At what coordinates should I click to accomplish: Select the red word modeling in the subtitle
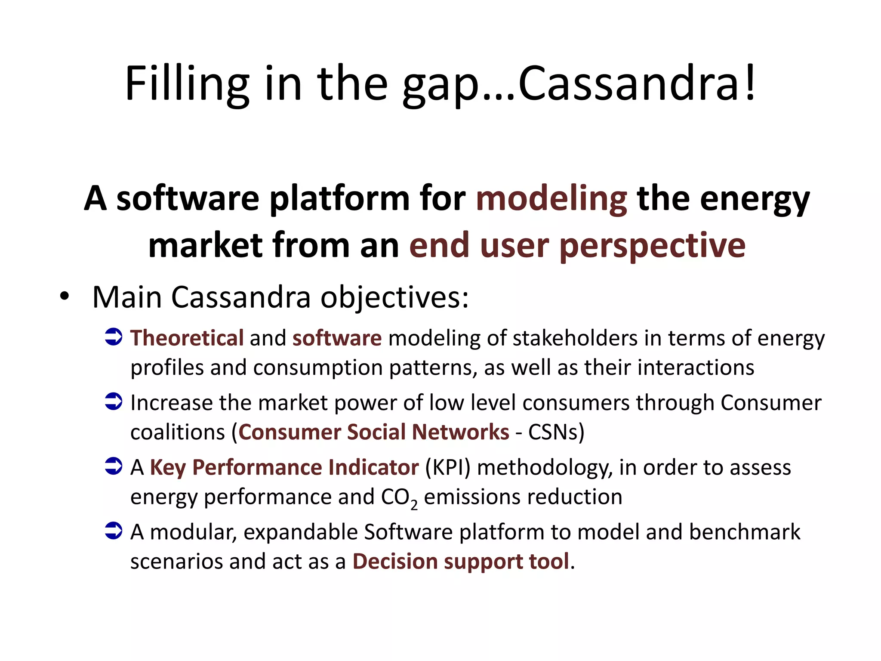(x=551, y=199)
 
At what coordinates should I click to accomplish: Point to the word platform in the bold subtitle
(x=339, y=199)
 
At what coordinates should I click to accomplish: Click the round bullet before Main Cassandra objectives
(x=65, y=297)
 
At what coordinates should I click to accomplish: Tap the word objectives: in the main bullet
(x=394, y=298)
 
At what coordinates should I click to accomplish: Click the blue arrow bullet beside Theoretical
(x=114, y=337)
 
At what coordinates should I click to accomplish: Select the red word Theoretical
(x=187, y=338)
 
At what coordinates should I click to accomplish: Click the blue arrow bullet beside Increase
(x=114, y=402)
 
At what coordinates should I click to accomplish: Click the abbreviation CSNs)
(x=556, y=432)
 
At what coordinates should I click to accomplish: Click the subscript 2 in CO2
(x=414, y=505)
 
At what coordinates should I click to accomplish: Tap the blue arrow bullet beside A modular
(x=114, y=531)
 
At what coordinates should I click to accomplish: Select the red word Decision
(x=395, y=562)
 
